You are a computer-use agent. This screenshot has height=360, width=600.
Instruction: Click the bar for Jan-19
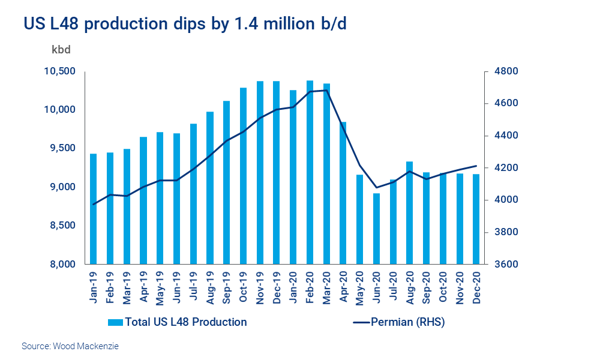click(94, 209)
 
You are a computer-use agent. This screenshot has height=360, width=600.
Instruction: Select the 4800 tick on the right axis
click(503, 71)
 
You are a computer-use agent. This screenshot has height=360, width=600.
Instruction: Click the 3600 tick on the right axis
click(503, 264)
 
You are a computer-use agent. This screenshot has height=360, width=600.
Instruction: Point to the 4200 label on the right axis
click(503, 167)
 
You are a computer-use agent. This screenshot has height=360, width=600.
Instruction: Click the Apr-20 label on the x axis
click(343, 288)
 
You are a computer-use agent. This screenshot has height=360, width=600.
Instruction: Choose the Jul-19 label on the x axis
click(194, 288)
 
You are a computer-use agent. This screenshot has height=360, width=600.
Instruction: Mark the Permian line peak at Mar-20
click(326, 91)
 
